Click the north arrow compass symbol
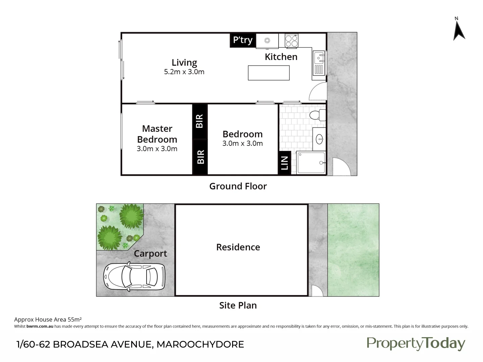point(459,31)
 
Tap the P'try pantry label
point(243,40)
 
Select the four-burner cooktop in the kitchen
point(291,41)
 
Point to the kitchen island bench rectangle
point(269,73)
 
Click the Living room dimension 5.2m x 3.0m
point(184,72)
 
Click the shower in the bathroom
point(311,163)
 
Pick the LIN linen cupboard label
point(284,163)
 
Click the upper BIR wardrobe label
point(200,121)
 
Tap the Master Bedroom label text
point(157,134)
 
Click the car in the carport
point(135,277)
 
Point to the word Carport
point(150,254)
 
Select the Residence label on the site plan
point(238,247)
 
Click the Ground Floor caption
point(238,186)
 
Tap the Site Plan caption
point(238,305)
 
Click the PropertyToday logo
point(416,344)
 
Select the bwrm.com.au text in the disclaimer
point(40,326)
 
